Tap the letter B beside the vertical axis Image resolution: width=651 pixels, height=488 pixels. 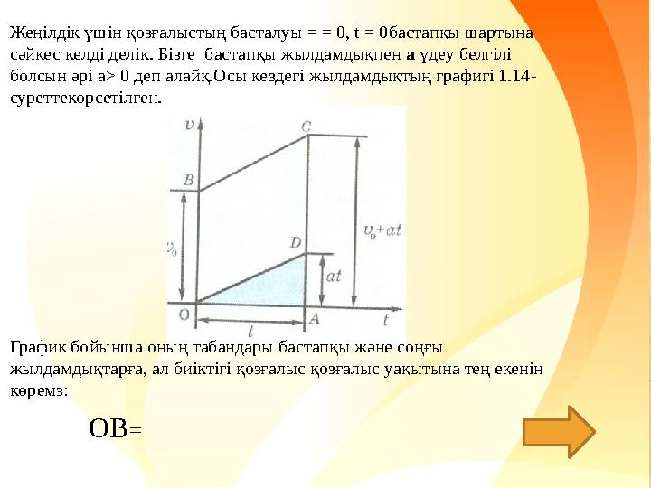(188, 181)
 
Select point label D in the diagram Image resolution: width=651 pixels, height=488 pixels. (296, 242)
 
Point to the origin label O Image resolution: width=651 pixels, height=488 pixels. (184, 314)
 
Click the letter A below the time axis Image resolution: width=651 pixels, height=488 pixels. (314, 318)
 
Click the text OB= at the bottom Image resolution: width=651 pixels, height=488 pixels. (115, 427)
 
